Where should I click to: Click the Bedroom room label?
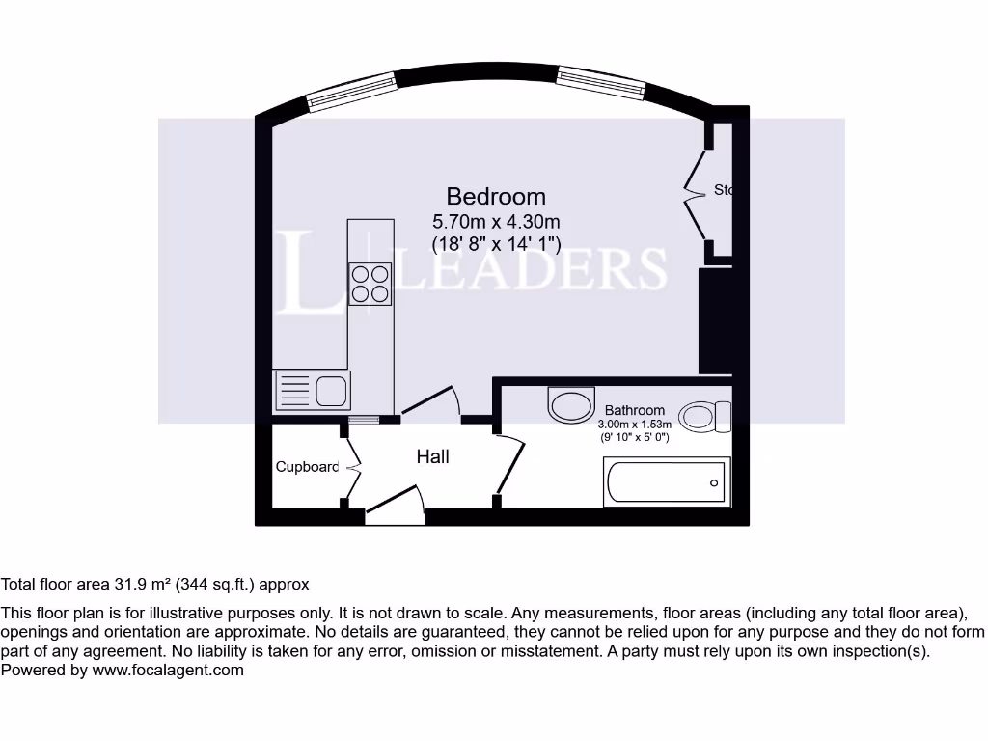[495, 197]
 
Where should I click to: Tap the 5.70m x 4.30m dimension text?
[496, 222]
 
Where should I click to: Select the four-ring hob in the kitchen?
[370, 284]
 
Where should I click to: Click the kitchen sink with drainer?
[312, 391]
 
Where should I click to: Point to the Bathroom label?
[634, 410]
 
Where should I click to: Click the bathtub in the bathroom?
[666, 480]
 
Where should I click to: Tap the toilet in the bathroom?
[705, 417]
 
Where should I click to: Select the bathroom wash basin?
[571, 404]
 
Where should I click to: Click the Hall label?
[432, 456]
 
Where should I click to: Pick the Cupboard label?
[307, 467]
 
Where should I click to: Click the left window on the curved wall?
[351, 92]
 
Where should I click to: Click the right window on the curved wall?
[601, 83]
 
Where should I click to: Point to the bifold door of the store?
[695, 193]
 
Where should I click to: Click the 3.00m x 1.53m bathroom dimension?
[634, 425]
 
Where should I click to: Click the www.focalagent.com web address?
[168, 670]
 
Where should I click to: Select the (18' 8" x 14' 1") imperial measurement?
[496, 244]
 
